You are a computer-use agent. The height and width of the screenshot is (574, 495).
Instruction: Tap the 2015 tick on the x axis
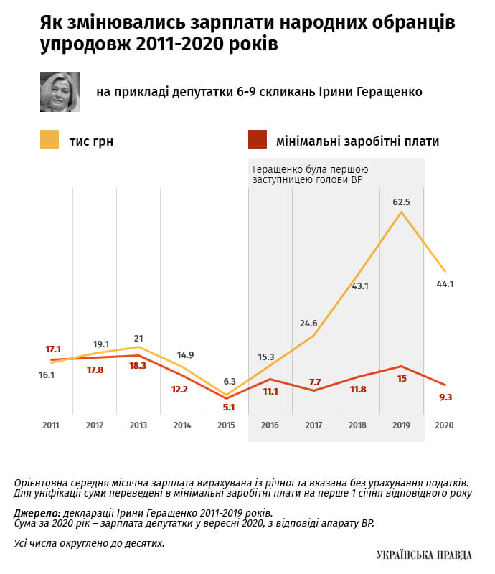click(226, 425)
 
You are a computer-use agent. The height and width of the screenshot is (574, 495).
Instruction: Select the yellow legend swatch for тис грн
click(49, 139)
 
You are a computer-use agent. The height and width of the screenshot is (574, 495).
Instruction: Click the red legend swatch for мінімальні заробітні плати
click(257, 139)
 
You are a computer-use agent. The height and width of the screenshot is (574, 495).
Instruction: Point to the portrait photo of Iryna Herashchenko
click(60, 92)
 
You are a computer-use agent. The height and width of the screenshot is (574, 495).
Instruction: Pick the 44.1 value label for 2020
click(445, 284)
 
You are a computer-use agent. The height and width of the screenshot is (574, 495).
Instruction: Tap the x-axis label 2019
click(401, 425)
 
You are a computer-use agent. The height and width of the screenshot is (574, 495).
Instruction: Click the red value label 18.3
click(138, 365)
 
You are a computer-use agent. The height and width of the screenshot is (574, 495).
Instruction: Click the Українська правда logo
click(424, 555)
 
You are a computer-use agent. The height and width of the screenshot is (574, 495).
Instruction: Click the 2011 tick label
click(51, 425)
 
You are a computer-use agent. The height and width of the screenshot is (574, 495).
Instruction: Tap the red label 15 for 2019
click(402, 378)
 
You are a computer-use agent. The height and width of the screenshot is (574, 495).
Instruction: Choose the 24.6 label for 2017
click(308, 324)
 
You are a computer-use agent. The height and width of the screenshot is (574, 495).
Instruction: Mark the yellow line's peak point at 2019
click(401, 212)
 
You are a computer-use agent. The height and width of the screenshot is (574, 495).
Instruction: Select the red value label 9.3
click(445, 397)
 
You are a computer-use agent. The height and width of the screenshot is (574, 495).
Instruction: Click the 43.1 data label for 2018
click(358, 286)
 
